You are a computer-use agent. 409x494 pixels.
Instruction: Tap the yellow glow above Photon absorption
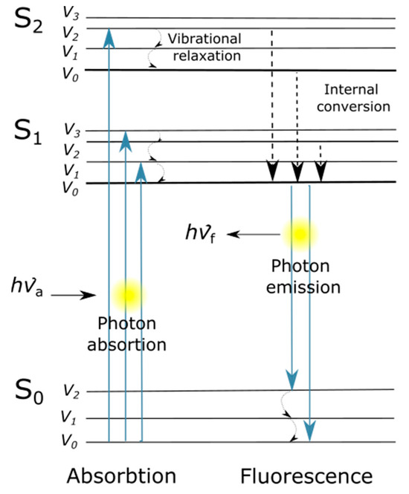[x=127, y=293]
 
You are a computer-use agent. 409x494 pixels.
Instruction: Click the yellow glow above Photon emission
[x=300, y=234]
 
